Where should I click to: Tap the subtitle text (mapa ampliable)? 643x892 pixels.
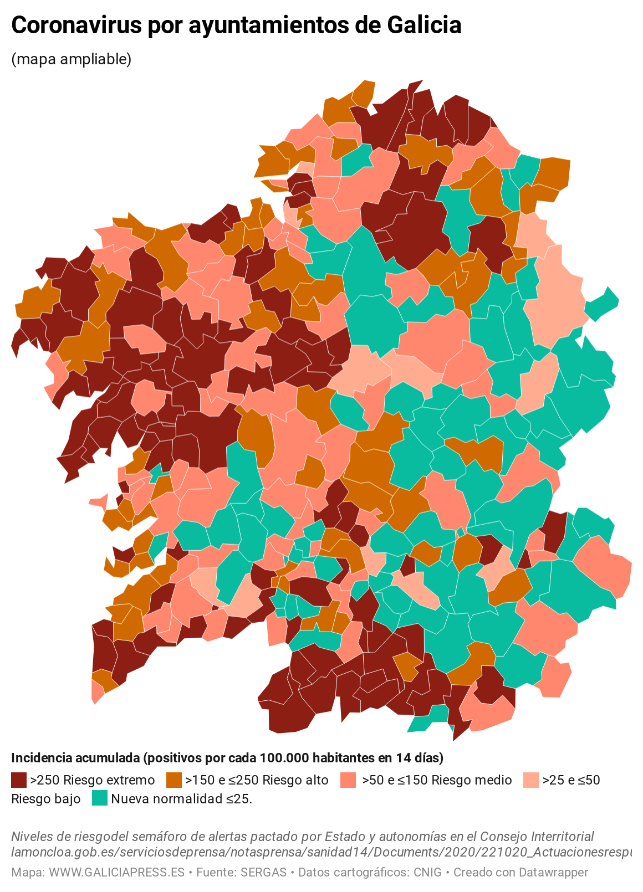point(71,59)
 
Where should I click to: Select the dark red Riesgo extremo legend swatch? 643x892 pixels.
point(19,780)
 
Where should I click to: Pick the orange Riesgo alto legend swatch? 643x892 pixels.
point(174,780)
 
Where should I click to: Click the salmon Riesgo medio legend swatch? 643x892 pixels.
point(348,780)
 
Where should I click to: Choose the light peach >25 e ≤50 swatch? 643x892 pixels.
point(531,780)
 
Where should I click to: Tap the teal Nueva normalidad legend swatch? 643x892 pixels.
point(100,798)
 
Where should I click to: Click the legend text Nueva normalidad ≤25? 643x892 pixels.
point(181,799)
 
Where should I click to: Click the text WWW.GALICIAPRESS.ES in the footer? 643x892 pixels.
point(116,872)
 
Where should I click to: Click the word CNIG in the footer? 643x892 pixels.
point(427,872)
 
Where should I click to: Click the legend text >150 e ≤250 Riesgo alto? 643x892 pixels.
point(257,780)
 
